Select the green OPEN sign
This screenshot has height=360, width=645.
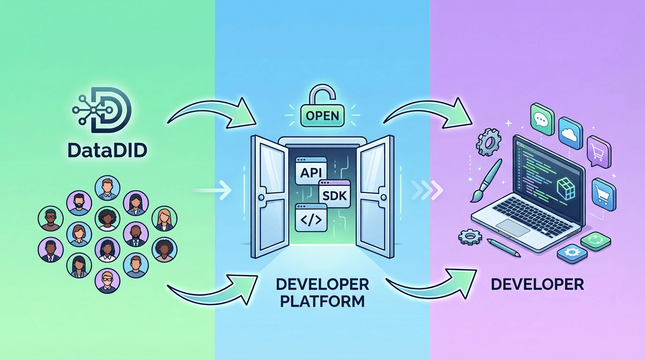click(322, 115)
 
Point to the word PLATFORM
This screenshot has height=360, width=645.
click(322, 300)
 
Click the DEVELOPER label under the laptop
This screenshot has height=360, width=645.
click(538, 284)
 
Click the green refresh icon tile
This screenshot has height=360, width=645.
click(595, 241)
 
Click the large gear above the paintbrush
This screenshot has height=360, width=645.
click(488, 140)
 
